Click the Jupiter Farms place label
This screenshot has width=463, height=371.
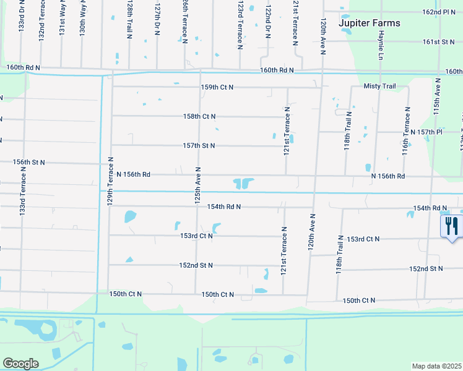tap(370, 23)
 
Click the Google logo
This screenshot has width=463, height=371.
tap(21, 364)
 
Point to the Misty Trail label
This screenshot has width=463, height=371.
tap(379, 87)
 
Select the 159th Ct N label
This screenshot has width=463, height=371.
tap(217, 87)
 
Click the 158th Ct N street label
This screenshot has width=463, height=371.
tap(199, 116)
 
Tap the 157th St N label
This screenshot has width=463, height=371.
tap(199, 146)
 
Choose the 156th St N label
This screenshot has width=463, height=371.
tap(29, 162)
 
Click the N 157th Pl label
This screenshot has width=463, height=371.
tap(427, 132)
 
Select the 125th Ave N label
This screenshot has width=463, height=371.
tap(197, 186)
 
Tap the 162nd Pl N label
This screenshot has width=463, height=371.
tap(439, 12)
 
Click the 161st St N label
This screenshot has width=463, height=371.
tap(439, 41)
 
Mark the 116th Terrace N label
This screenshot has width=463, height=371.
tap(407, 130)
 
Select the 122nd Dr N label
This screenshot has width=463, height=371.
tap(267, 22)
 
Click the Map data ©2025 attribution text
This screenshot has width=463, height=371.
tap(437, 366)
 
